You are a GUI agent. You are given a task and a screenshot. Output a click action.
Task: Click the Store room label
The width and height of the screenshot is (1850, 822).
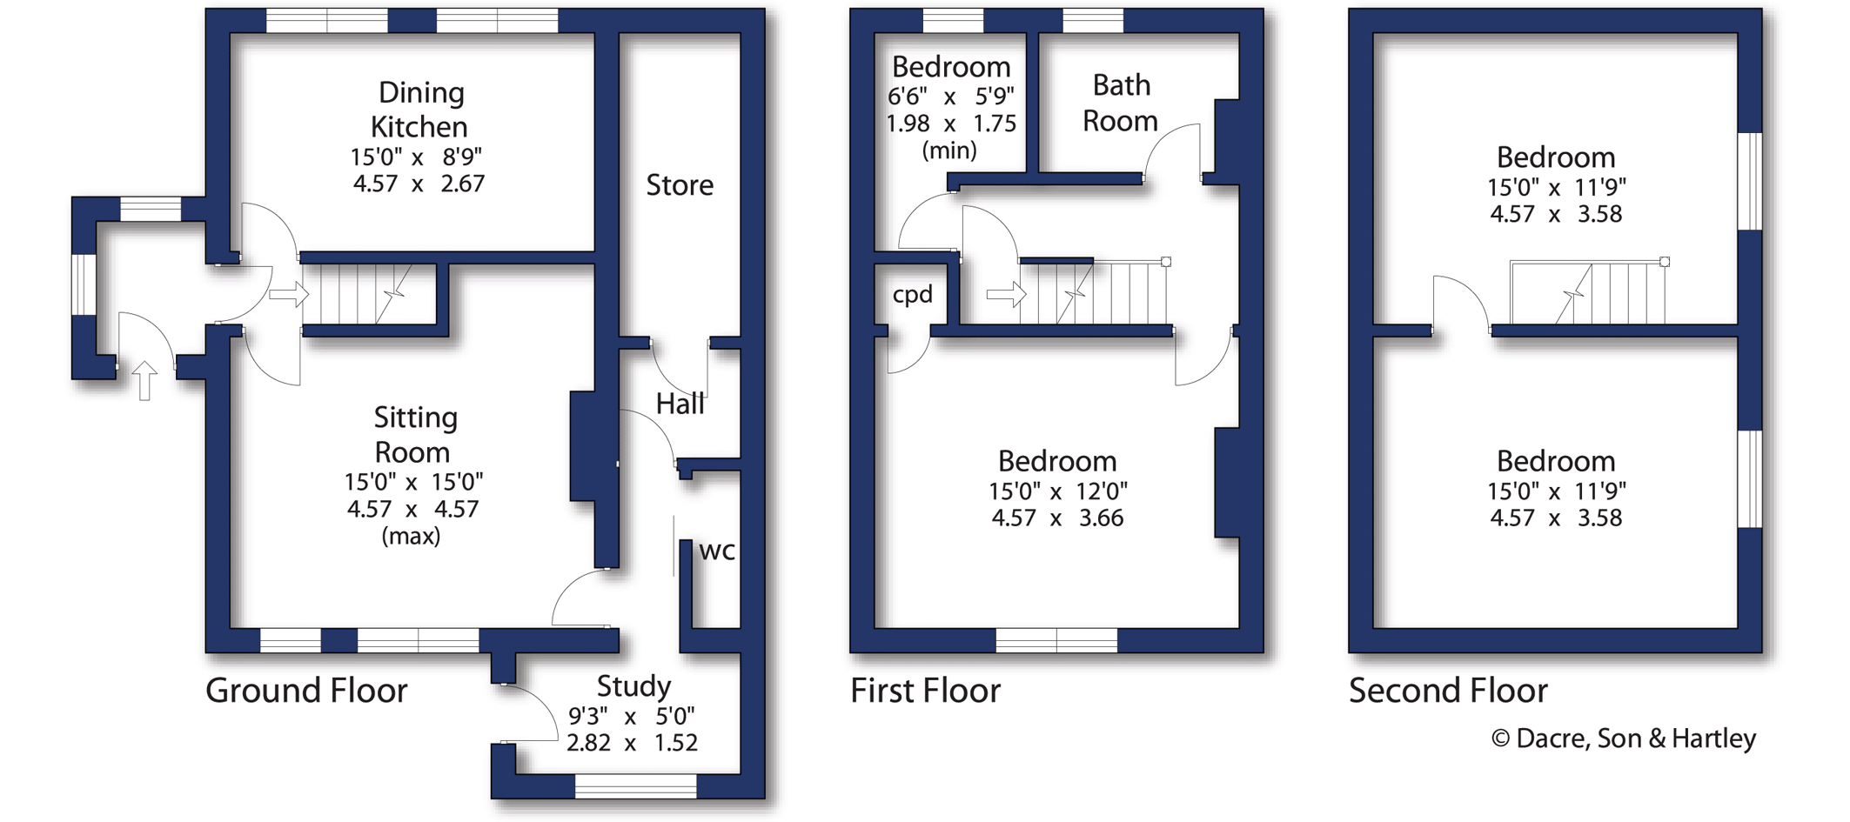[x=680, y=184]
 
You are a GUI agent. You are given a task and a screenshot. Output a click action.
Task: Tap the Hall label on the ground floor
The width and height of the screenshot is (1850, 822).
[x=680, y=404]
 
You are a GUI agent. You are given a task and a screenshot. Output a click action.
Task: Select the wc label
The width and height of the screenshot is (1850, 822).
[x=717, y=551]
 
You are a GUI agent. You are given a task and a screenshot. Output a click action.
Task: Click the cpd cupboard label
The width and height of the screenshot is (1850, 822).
[x=912, y=296]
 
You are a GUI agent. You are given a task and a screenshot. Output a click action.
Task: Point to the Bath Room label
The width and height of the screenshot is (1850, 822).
[x=1121, y=103]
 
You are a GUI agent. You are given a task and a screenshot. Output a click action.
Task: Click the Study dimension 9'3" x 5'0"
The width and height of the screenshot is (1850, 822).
[x=632, y=716]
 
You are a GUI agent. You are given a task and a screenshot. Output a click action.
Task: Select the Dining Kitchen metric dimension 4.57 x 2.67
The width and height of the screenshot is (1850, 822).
[x=419, y=184]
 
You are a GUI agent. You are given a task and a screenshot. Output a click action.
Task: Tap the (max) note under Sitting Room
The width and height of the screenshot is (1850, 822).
[x=411, y=536]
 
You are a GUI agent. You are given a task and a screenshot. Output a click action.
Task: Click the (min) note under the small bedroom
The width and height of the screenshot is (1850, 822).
[x=949, y=150]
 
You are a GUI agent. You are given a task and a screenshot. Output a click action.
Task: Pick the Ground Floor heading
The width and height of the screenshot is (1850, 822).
[x=306, y=691]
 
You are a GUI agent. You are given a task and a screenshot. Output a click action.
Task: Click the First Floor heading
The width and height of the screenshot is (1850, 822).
[x=925, y=691]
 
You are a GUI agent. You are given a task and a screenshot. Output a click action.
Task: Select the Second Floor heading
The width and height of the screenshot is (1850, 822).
[x=1448, y=691]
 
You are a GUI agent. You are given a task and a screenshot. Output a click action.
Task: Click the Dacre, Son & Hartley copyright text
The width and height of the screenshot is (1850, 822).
[x=1624, y=738]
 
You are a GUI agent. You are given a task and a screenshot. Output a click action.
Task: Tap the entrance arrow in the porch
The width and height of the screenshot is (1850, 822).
[x=145, y=381]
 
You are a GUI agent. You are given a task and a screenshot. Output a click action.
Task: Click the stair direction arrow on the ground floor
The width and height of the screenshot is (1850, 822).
[x=289, y=294]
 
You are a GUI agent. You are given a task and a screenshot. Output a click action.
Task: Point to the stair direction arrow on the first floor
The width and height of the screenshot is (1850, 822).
[x=1006, y=295]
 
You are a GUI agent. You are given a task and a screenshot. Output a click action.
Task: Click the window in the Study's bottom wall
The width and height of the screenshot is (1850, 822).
[x=636, y=786]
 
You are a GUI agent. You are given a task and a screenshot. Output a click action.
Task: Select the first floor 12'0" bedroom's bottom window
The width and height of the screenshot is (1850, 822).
[x=1056, y=640]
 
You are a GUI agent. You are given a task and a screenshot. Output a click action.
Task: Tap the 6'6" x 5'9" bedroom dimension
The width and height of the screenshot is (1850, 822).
[x=951, y=96]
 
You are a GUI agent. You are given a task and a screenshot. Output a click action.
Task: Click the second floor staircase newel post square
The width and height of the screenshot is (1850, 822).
[x=1665, y=262]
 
